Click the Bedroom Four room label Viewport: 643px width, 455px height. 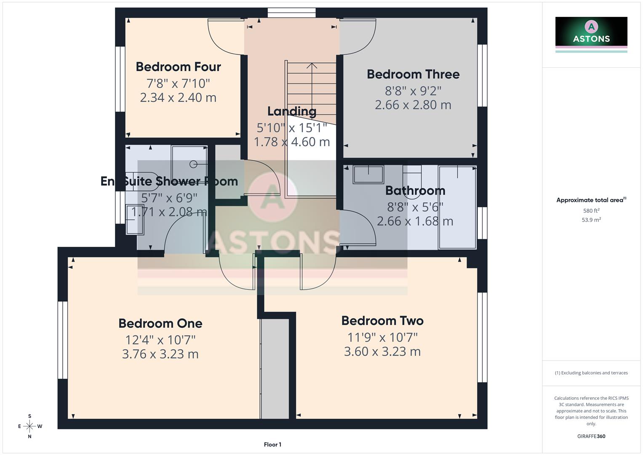pyautogui.click(x=178, y=67)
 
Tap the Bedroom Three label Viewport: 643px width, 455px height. pyautogui.click(x=413, y=74)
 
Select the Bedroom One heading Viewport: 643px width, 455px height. pyautogui.click(x=160, y=323)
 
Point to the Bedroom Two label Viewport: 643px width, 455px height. pyautogui.click(x=382, y=321)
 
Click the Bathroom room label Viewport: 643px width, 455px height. pyautogui.click(x=415, y=190)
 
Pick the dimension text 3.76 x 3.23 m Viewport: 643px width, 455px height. pyautogui.click(x=160, y=354)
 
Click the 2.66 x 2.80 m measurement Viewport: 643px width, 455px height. pyautogui.click(x=413, y=105)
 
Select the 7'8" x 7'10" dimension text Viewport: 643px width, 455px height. pyautogui.click(x=178, y=83)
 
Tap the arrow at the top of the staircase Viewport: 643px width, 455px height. pyautogui.click(x=312, y=66)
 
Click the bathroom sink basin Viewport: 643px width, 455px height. pyautogui.click(x=368, y=174)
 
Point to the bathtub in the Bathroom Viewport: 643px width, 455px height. pyautogui.click(x=457, y=207)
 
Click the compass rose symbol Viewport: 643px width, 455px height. pyautogui.click(x=29, y=426)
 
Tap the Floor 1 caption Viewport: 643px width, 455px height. pyautogui.click(x=272, y=444)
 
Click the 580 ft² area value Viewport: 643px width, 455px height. pyautogui.click(x=591, y=211)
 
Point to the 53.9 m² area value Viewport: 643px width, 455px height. pyautogui.click(x=591, y=220)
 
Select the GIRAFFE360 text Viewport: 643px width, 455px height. pyautogui.click(x=591, y=436)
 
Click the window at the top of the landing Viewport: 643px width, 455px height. pyautogui.click(x=291, y=13)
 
